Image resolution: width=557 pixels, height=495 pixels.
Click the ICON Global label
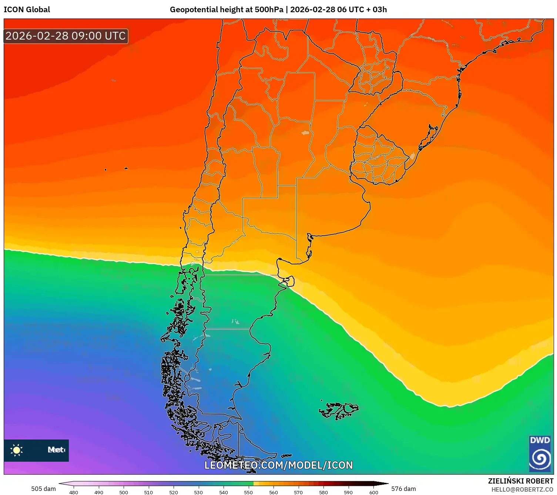27,10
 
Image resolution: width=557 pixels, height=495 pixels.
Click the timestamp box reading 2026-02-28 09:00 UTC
66,36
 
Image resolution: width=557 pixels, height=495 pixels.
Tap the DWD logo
540,453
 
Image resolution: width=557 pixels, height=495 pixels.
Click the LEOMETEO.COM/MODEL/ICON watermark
279,465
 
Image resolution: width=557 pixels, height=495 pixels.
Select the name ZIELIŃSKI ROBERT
520,481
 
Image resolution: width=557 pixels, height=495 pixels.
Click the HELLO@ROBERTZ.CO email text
522,489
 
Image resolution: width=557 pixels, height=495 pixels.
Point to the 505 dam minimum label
43,489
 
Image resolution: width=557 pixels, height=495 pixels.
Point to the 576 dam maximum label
403,489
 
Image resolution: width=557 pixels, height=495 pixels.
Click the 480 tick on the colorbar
74,492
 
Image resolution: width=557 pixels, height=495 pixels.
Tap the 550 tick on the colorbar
248,492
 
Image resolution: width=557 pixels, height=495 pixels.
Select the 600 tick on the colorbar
374,492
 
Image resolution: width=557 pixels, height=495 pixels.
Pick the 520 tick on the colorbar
174,492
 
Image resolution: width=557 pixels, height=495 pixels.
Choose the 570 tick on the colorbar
298,492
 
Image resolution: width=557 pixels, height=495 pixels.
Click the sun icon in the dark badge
17,450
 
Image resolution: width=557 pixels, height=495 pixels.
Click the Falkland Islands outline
339,410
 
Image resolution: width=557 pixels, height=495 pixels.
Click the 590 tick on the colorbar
348,492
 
